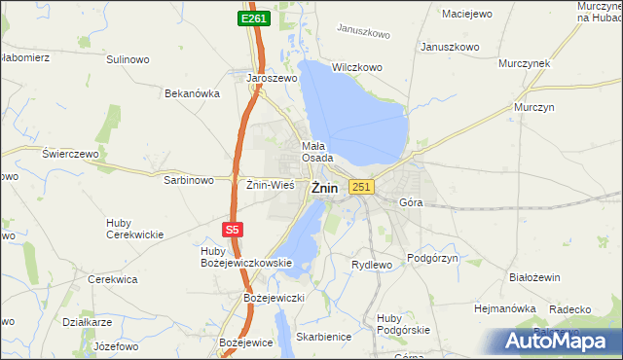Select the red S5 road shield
[x=231, y=230]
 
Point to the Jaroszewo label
[x=271, y=77]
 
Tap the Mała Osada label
[x=317, y=151]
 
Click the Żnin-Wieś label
[x=270, y=183]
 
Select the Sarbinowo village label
[x=189, y=180]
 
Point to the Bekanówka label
[x=193, y=94]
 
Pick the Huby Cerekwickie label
[x=134, y=229]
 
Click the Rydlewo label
[x=371, y=264]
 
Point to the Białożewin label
[x=535, y=277]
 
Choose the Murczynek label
[x=525, y=62]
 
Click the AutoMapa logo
[x=562, y=341]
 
